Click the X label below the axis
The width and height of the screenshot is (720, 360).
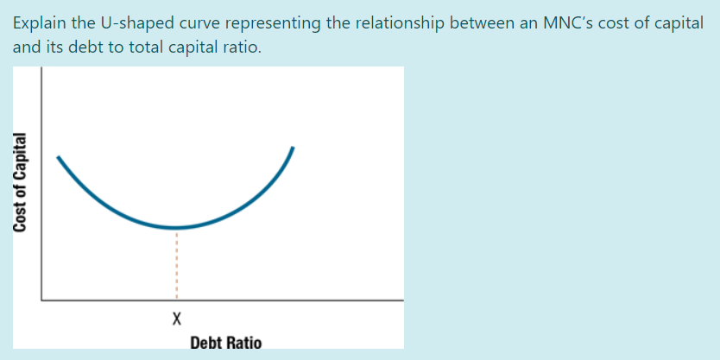[x=176, y=319]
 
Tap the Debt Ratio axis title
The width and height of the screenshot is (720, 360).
[x=225, y=343]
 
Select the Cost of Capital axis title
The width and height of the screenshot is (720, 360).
[x=18, y=181]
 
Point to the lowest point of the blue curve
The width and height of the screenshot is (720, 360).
[x=176, y=228]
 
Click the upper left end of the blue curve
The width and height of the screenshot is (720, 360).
[x=59, y=157]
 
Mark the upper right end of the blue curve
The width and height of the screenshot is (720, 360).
[x=294, y=148]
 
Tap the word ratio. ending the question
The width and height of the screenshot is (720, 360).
[x=239, y=47]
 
